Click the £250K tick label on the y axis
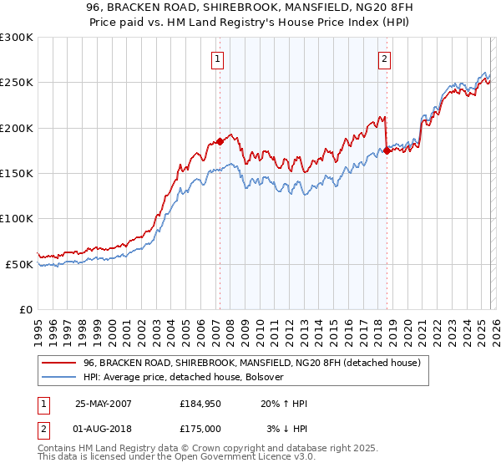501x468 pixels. pyautogui.click(x=17, y=83)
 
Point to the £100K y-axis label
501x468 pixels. pyautogui.click(x=17, y=219)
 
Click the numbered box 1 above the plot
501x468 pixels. pyautogui.click(x=217, y=58)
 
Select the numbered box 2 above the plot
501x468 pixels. pyautogui.click(x=384, y=58)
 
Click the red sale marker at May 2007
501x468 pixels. pyautogui.click(x=220, y=142)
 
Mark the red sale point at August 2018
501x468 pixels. pyautogui.click(x=387, y=151)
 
